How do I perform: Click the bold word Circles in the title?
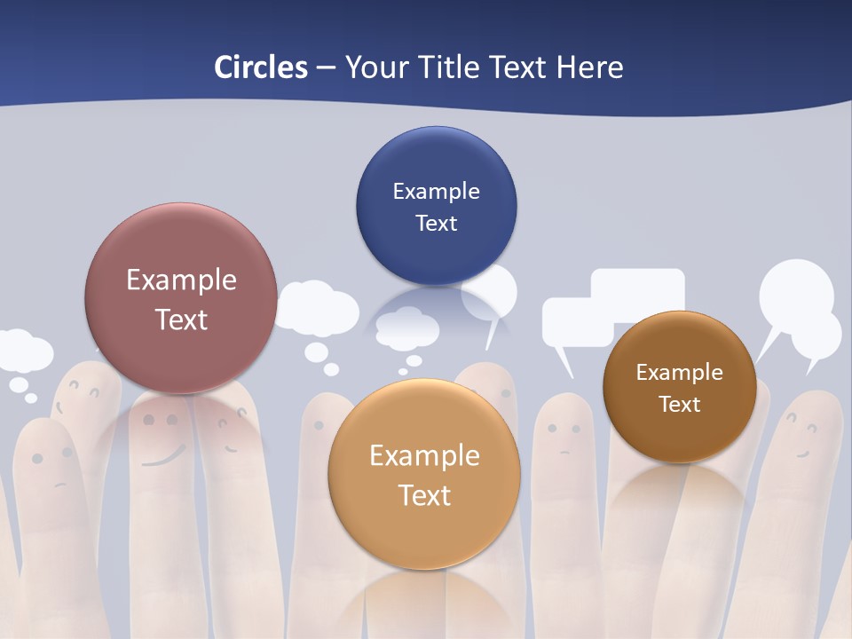click(x=261, y=67)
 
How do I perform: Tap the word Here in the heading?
click(x=589, y=67)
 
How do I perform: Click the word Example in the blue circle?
click(x=436, y=191)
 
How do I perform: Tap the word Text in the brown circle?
click(x=680, y=404)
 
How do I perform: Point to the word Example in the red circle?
click(x=181, y=280)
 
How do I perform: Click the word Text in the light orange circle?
click(x=424, y=494)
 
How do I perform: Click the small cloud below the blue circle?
click(x=406, y=328)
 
